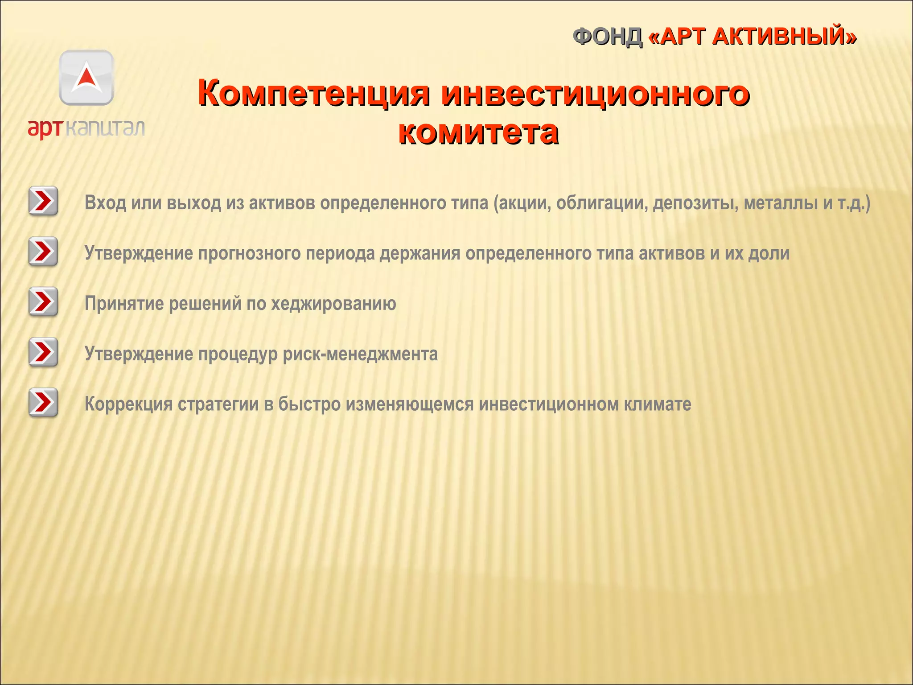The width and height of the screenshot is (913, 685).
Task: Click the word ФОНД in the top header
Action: [x=607, y=37]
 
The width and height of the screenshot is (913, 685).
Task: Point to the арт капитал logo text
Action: [x=86, y=128]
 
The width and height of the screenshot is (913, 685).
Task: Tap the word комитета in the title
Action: [x=478, y=132]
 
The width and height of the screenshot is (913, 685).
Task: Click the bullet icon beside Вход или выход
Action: [x=43, y=201]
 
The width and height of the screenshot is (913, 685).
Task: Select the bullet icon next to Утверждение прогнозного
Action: [x=43, y=252]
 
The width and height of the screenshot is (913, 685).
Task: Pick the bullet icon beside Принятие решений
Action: [x=43, y=302]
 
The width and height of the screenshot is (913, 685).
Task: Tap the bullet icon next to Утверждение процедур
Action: [x=43, y=352]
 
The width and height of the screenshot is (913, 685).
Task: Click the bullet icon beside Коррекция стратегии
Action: [x=43, y=403]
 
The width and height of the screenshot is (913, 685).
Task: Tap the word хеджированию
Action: [x=333, y=304]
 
